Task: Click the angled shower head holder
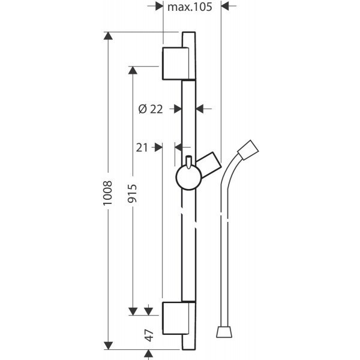click(208, 164)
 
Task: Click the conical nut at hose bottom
click(224, 332)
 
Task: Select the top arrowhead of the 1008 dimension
click(107, 36)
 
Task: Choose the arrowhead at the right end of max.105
click(226, 6)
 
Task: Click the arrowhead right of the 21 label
click(158, 146)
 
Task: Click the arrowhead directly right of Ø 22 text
click(176, 109)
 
